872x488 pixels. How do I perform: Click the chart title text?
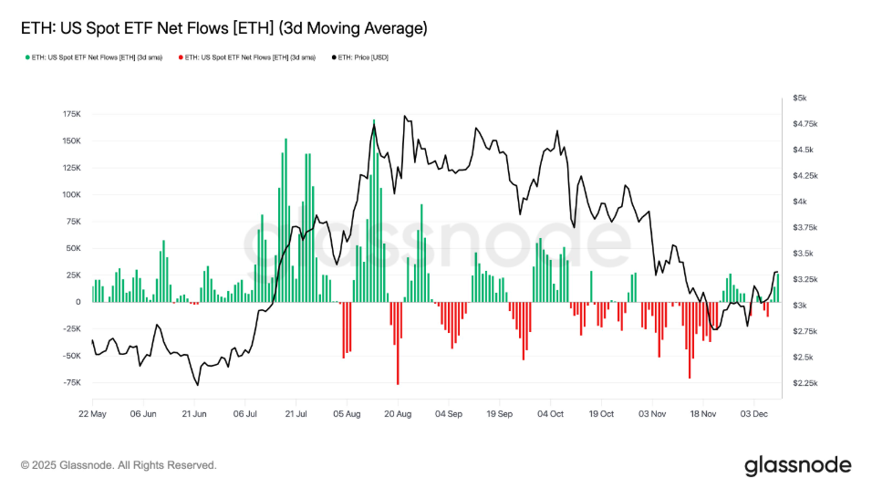coord(223,28)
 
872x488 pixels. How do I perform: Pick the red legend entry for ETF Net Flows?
coord(249,58)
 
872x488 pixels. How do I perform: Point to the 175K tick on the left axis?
coord(70,114)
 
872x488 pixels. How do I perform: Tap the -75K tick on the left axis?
coord(70,382)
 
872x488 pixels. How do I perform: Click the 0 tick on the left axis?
coord(78,302)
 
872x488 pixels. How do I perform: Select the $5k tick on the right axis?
coord(799,98)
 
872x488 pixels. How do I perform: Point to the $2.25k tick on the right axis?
coord(803,383)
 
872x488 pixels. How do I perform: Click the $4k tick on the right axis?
coord(799,202)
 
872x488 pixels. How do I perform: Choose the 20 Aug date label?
coord(398,413)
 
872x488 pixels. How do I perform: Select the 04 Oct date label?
coord(550,413)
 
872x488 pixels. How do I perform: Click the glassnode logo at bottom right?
coord(797,465)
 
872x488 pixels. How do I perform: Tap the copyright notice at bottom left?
coord(119,465)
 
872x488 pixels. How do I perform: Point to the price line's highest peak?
coord(404,116)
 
